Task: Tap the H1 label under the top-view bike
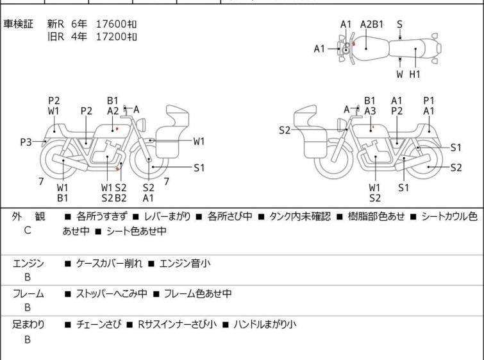click(415, 74)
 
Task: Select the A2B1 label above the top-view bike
click(372, 24)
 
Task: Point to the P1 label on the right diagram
click(429, 100)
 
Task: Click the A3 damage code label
click(370, 111)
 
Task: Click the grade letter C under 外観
click(28, 230)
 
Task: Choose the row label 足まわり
click(29, 325)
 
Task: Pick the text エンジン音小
click(185, 263)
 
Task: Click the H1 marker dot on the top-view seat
click(416, 49)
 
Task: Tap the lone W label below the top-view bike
click(399, 74)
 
